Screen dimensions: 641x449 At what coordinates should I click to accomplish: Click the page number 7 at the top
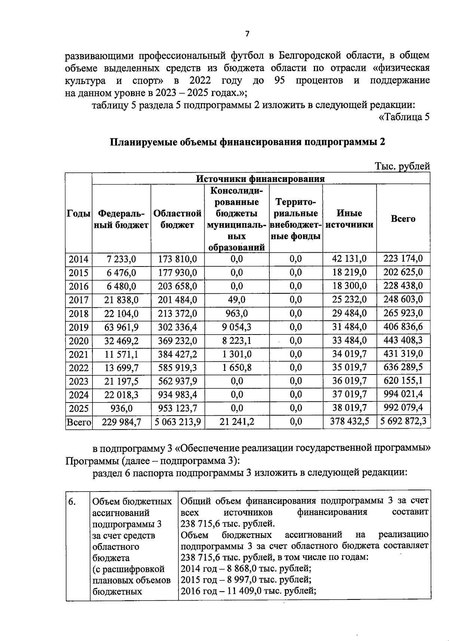(247, 34)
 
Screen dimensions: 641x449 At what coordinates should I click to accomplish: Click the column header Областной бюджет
(177, 219)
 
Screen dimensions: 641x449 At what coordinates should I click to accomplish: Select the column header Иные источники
(349, 219)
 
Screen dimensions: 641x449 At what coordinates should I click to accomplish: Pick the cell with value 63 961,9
(121, 327)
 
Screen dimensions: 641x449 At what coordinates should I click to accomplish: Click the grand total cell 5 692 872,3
(403, 422)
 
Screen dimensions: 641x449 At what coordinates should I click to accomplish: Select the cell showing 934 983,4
(177, 395)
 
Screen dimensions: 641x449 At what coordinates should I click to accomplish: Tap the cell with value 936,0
(121, 408)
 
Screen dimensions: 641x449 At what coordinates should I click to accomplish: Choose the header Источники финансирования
(260, 179)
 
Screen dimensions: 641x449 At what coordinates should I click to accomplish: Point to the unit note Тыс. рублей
(402, 166)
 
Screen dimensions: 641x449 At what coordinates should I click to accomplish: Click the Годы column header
(79, 214)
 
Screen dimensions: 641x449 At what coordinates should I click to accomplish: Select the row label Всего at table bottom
(79, 422)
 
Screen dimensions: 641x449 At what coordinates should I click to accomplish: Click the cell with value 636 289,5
(403, 367)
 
